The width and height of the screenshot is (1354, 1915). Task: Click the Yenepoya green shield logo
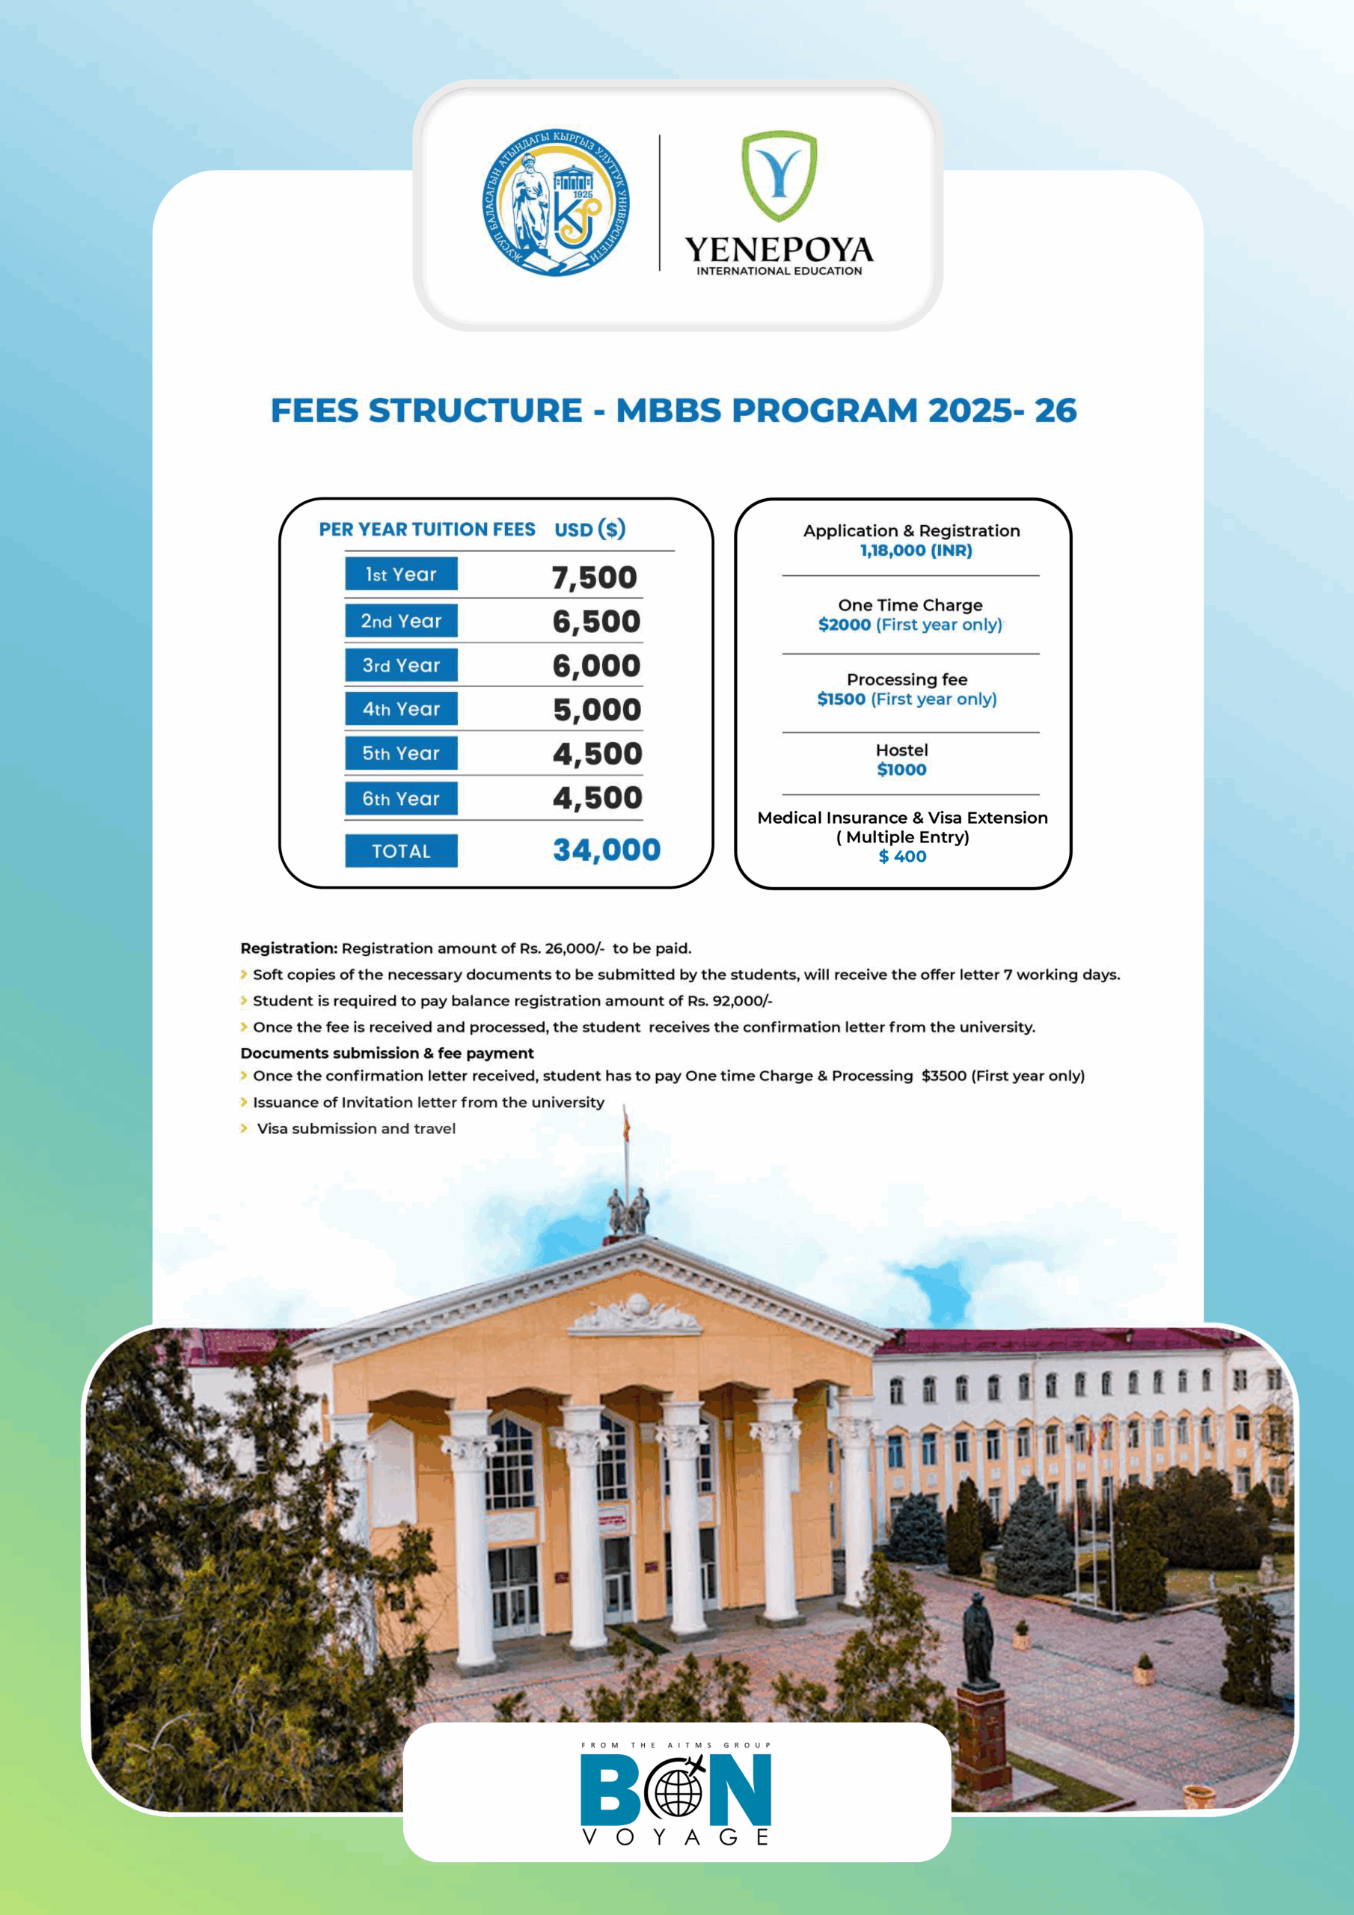click(779, 175)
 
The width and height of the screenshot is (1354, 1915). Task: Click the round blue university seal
click(555, 203)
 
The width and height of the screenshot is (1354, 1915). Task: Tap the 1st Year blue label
click(401, 574)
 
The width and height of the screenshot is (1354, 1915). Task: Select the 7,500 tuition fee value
click(594, 577)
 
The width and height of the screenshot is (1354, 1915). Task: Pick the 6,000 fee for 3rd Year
click(596, 666)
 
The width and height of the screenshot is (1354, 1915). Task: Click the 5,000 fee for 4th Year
click(596, 710)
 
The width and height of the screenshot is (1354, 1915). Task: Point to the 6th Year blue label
click(401, 798)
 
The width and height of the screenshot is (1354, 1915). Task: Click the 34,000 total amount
click(607, 850)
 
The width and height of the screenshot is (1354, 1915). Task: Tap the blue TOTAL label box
click(401, 851)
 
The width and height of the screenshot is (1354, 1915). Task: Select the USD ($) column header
click(589, 530)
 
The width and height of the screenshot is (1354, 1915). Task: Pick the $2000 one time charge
click(845, 625)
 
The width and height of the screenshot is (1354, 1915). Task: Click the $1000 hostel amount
click(901, 770)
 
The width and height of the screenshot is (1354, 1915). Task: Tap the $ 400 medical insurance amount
click(903, 857)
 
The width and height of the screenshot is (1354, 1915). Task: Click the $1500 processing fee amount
click(841, 699)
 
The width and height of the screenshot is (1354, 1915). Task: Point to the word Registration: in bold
click(289, 949)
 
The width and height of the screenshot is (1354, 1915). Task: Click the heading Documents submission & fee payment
click(387, 1053)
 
